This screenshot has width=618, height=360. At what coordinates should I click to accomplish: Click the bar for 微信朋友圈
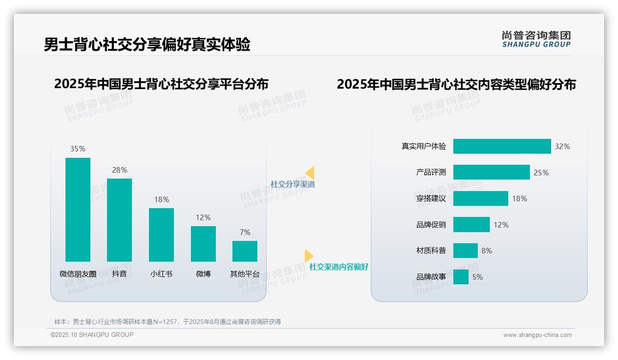(78, 210)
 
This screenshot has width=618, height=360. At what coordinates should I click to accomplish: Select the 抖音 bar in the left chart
(119, 220)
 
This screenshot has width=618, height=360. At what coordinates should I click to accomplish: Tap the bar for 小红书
(161, 234)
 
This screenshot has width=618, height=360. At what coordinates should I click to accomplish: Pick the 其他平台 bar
(245, 251)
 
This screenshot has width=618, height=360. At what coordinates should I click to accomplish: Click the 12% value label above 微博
(203, 217)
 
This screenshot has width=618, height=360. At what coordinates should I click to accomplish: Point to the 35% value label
(77, 149)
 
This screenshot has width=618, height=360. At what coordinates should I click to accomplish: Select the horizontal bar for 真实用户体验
(502, 146)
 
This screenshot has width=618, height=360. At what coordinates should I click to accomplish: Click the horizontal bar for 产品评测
(491, 172)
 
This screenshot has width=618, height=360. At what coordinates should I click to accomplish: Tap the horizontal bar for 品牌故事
(461, 277)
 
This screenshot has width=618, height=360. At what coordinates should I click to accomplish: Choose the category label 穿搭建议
(431, 198)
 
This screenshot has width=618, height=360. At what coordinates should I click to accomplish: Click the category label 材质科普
(431, 251)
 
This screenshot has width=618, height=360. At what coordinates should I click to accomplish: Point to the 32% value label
(562, 146)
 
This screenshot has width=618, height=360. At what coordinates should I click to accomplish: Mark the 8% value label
(487, 251)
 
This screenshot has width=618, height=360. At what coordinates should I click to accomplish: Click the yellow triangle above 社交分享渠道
(310, 173)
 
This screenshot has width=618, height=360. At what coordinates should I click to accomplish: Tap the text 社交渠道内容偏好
(339, 267)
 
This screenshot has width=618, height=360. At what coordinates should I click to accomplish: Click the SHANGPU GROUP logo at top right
(536, 39)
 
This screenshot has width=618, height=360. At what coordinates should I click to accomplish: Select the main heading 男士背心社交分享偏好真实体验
(147, 45)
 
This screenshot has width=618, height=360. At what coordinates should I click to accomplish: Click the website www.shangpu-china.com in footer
(537, 335)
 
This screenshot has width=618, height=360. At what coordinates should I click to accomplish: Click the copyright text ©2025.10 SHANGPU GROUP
(92, 335)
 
